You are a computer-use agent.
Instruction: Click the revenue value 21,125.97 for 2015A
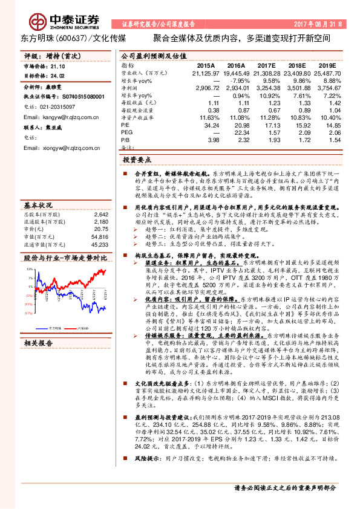point(205,72)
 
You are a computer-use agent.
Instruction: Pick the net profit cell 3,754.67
point(327,88)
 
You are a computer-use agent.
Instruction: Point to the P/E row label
point(125,125)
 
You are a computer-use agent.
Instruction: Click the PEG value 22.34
point(237,133)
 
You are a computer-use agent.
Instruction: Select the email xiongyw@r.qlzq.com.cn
point(59,148)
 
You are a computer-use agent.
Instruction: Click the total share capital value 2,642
point(100,214)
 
